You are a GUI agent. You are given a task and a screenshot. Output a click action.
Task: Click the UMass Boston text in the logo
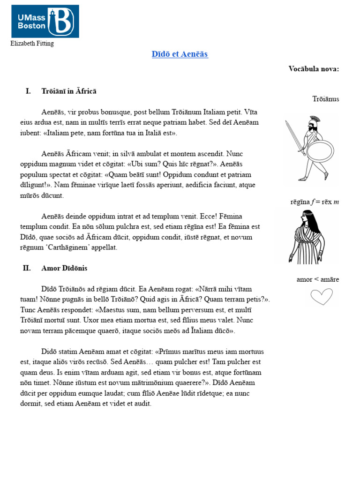31,22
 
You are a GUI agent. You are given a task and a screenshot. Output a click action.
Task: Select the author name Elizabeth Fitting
32,44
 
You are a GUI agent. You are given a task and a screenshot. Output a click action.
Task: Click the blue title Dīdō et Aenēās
180,54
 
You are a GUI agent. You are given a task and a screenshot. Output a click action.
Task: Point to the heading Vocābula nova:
314,69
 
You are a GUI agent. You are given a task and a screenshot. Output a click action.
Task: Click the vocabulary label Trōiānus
325,99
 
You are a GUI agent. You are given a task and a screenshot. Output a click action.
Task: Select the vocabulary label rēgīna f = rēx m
314,202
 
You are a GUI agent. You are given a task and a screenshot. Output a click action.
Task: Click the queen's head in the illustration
305,218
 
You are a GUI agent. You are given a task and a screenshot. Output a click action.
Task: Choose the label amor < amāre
317,279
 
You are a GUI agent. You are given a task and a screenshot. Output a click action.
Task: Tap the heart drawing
322,296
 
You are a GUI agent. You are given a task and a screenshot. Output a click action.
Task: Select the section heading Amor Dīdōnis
64,268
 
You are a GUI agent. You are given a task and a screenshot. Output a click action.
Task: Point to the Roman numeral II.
27,268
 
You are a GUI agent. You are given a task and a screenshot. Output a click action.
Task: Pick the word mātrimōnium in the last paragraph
150,382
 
